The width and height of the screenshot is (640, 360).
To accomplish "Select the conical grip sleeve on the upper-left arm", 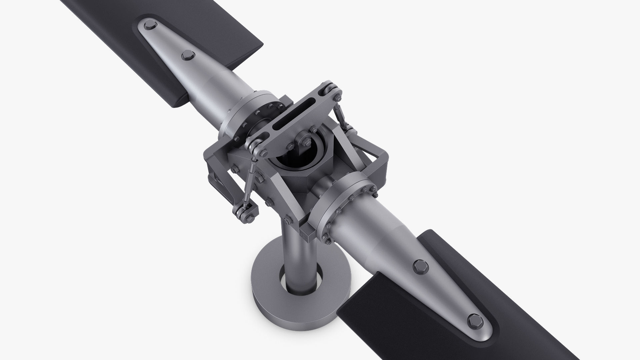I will click(x=207, y=83).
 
